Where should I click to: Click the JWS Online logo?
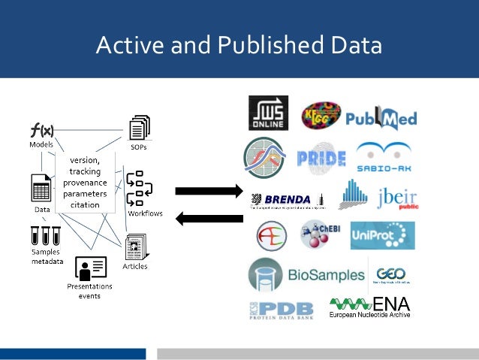(268, 113)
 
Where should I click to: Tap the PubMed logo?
(381, 118)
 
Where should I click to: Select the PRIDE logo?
(321, 158)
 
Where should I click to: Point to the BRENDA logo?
(286, 199)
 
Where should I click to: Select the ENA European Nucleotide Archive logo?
(372, 307)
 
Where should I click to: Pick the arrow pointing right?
(209, 190)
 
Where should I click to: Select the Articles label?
(135, 266)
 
